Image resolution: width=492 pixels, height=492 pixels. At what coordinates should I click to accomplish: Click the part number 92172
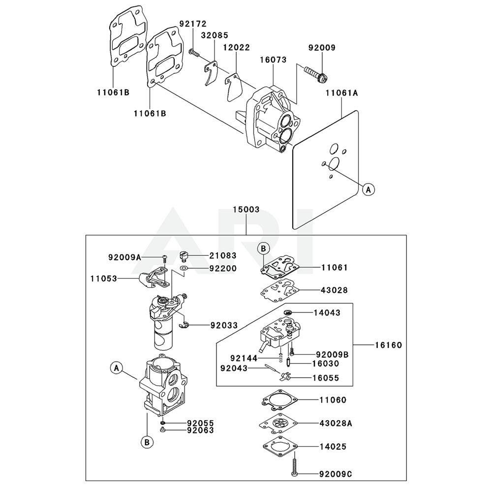pos(193,24)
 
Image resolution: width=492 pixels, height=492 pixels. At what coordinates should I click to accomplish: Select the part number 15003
pos(246,209)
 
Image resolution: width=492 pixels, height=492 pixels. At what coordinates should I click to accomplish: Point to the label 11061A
pos(341,92)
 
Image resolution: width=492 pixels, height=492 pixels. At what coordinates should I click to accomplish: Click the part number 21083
pos(222,256)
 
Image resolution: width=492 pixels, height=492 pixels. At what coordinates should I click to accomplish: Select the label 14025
pos(333,447)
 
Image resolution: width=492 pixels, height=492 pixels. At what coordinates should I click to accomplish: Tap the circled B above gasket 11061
pos(263,249)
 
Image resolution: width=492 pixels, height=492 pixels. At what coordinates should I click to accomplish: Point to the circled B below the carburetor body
pos(146,443)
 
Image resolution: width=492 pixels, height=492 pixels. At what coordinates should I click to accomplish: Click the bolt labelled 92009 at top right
pos(315,72)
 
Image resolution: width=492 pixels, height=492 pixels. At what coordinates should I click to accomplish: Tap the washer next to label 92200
pos(184,269)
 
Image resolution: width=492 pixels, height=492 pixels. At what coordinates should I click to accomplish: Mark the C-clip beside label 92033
pos(184,324)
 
